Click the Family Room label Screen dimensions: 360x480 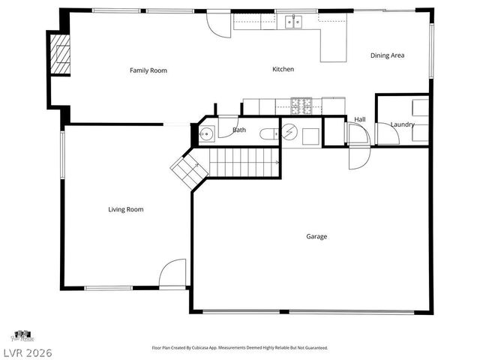(148, 70)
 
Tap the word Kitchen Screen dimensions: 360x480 (283, 69)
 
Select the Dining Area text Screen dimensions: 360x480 (387, 55)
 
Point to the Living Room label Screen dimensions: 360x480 (125, 209)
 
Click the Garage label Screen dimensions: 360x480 (316, 236)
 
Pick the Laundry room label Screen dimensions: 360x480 (402, 124)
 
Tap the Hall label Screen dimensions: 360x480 (360, 118)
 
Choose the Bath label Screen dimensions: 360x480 (238, 130)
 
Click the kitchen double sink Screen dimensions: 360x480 (292, 22)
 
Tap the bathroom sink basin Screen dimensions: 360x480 (207, 134)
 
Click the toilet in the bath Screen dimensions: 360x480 (268, 134)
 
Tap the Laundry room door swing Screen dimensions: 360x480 (387, 133)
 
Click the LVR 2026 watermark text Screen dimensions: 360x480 (27, 352)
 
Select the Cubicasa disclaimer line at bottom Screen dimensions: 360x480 (239, 348)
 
